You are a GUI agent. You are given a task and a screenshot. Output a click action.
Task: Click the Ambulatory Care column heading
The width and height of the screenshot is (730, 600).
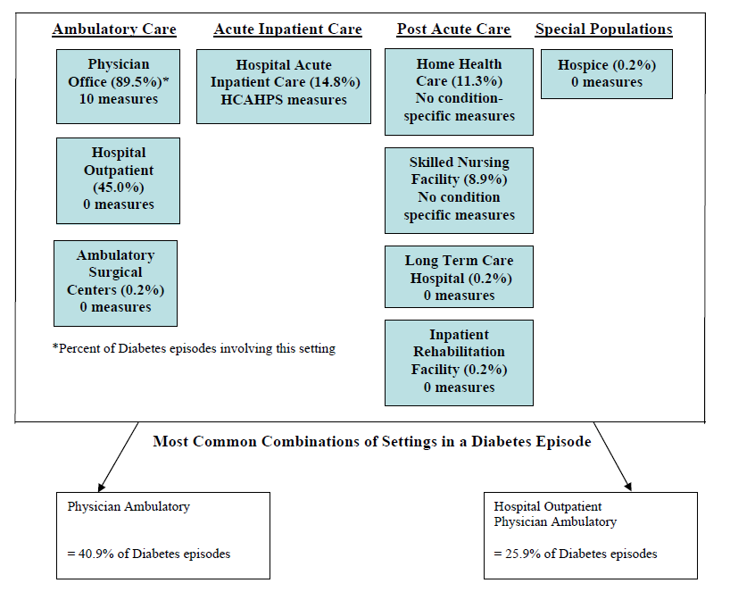click(114, 29)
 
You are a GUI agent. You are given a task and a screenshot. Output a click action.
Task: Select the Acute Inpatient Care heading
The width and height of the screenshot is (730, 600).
click(287, 29)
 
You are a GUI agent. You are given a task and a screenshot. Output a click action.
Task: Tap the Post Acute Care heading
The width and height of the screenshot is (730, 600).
click(453, 29)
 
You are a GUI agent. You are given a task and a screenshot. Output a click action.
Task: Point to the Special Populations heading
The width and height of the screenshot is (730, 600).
click(603, 29)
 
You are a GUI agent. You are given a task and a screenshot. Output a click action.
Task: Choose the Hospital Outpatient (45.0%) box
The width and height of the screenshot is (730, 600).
click(118, 179)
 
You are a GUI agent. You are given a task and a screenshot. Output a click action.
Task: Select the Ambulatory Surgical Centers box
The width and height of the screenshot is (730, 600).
click(115, 282)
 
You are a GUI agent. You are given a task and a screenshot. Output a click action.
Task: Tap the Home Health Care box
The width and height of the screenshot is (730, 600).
click(459, 91)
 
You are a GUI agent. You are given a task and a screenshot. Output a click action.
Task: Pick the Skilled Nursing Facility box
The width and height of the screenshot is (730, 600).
click(459, 189)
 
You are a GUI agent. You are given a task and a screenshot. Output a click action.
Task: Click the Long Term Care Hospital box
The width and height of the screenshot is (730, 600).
click(459, 278)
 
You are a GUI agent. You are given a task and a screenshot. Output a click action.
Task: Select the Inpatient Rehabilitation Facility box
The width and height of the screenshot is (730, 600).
click(459, 362)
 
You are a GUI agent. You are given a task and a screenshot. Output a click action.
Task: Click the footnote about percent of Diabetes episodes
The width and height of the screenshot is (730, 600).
click(194, 348)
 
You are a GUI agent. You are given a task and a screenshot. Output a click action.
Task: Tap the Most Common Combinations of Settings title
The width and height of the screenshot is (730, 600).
click(371, 441)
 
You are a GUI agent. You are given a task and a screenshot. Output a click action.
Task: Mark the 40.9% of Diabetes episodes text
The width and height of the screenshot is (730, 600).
click(149, 554)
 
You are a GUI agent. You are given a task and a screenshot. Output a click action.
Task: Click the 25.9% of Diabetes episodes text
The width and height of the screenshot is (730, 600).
click(576, 554)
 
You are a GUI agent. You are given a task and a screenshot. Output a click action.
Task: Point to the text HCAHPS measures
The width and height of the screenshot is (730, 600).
click(284, 100)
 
